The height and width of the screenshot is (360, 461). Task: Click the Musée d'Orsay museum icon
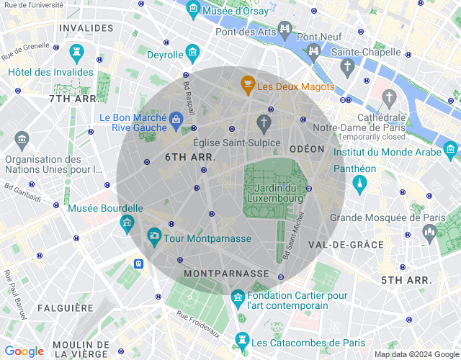pos(193,9)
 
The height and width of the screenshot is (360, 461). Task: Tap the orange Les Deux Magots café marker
pos(248,86)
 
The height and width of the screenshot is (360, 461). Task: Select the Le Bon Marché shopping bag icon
pos(176,119)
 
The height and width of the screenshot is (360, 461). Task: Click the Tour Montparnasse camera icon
pos(154,235)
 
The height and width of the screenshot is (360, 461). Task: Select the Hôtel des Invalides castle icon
pos(77,53)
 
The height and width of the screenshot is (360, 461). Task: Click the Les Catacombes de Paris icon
pos(242,339)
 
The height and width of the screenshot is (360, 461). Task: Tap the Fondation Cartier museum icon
pos(237,297)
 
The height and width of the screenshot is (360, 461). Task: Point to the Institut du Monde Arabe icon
pos(450,149)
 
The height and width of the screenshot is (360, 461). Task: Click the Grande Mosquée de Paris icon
pos(430,232)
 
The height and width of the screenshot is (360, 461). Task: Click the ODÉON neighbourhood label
pos(307,148)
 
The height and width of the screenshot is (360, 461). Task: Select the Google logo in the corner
pos(24,351)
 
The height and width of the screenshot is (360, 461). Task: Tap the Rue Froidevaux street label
pos(198,323)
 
